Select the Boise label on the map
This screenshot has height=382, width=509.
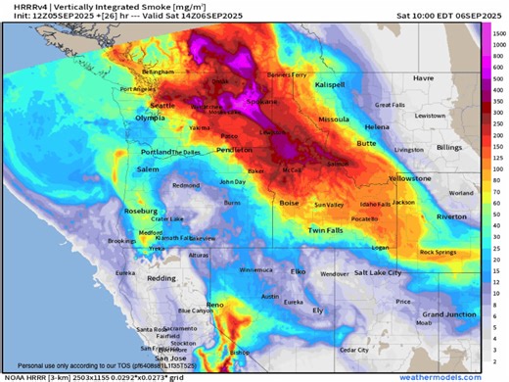tap(289, 203)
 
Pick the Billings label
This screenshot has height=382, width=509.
tap(449, 147)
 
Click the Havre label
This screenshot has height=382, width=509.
tap(422, 77)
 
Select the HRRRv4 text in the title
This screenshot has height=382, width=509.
tap(23, 6)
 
